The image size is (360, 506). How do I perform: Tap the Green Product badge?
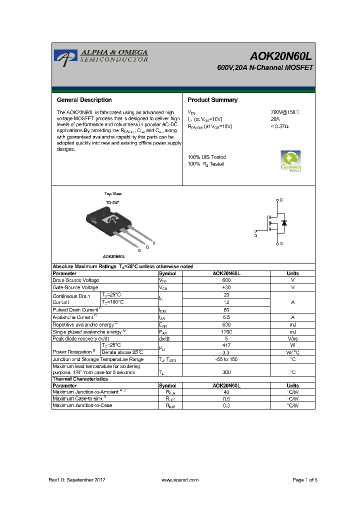[x=290, y=160]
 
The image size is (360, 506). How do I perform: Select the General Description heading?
[x=84, y=100]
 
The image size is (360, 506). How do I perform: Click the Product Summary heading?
[x=212, y=100]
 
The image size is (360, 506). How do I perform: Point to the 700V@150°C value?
[x=285, y=112]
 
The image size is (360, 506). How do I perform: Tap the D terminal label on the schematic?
[x=281, y=200]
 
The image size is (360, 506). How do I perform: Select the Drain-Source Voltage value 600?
[x=226, y=280]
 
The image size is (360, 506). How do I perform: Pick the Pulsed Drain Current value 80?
[x=226, y=309]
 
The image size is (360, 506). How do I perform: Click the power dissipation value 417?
[x=226, y=345]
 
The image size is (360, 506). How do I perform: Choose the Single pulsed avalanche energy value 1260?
[x=226, y=331]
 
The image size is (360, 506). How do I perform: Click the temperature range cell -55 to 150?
[x=226, y=359]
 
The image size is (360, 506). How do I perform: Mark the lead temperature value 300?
[x=226, y=372]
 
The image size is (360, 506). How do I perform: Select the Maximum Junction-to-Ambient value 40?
[x=226, y=392]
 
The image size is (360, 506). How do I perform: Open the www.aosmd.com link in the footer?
[x=180, y=480]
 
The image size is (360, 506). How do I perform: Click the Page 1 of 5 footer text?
[x=304, y=480]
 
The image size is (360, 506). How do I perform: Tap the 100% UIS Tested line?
[x=206, y=157]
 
